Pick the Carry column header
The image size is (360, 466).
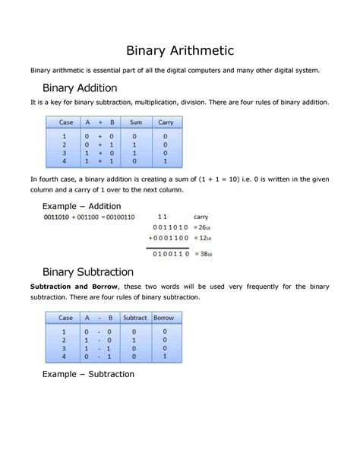tap(166, 122)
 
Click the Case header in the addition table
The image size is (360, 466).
tap(66, 122)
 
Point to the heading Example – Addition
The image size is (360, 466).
tap(81, 206)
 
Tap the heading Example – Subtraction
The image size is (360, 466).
tap(88, 374)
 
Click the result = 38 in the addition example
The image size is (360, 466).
tap(201, 253)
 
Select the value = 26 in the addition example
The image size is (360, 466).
tap(201, 227)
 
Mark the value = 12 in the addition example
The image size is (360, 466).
tap(201, 238)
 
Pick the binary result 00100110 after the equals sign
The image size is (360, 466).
tap(119, 217)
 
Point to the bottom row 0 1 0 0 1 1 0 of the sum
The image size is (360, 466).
tap(168, 253)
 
